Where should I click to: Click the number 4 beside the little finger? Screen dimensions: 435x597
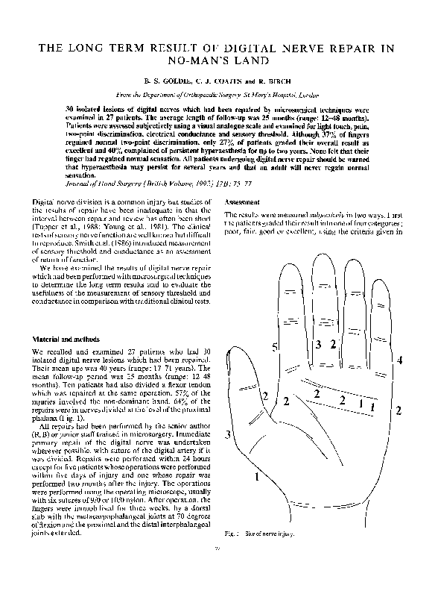[x=399, y=360]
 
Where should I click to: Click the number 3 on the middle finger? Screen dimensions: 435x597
[x=318, y=345]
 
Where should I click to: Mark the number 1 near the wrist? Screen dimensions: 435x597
[x=257, y=475]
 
